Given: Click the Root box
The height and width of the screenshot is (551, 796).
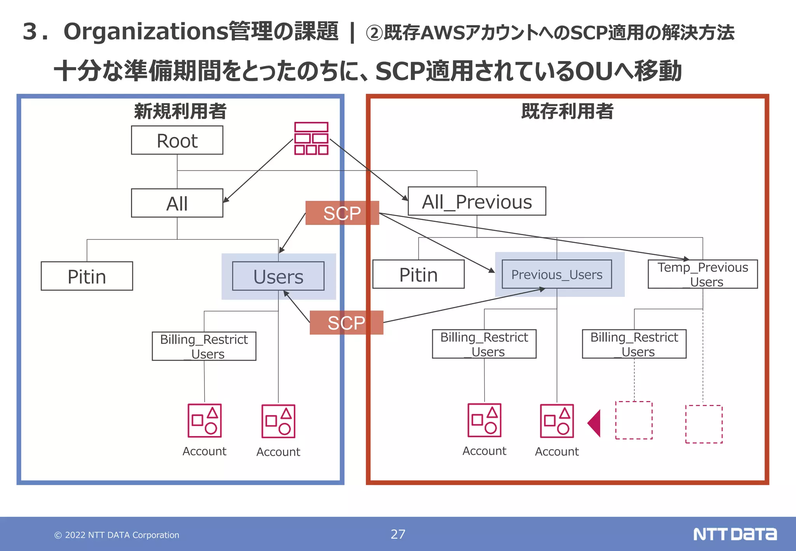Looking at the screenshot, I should click(x=177, y=140).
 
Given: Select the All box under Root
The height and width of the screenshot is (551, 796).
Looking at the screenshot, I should click(x=177, y=203).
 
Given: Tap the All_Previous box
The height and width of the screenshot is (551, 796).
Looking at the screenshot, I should click(x=477, y=201).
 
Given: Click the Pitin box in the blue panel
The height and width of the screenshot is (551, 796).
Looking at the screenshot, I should click(x=87, y=276).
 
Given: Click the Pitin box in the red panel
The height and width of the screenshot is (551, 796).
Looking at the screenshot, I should click(x=418, y=274).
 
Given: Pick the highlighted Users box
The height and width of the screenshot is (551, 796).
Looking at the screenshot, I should click(x=278, y=276).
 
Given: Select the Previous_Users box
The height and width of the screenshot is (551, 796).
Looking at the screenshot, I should click(x=557, y=274).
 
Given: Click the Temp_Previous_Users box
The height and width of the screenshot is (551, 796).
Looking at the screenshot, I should click(x=702, y=274).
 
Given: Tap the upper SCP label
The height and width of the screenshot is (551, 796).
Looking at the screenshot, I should click(x=342, y=213).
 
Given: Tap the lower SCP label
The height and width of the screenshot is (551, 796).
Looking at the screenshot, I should click(x=346, y=323).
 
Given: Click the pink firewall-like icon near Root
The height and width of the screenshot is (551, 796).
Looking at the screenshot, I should click(x=311, y=139).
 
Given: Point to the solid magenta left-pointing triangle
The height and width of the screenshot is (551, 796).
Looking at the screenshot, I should click(x=595, y=423).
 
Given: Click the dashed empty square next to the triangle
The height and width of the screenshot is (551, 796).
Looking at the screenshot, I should click(x=634, y=420).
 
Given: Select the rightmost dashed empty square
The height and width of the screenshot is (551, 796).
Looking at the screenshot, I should click(x=703, y=424).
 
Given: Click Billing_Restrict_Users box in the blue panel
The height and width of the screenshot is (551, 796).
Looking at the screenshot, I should click(x=204, y=346).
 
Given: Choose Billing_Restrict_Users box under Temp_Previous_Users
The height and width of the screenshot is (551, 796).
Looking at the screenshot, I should click(x=634, y=344).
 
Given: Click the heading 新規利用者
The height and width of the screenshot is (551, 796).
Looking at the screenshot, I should click(x=180, y=112).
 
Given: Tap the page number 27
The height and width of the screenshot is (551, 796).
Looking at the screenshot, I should click(x=398, y=534).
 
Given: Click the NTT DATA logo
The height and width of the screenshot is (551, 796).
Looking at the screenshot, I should click(x=735, y=534).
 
